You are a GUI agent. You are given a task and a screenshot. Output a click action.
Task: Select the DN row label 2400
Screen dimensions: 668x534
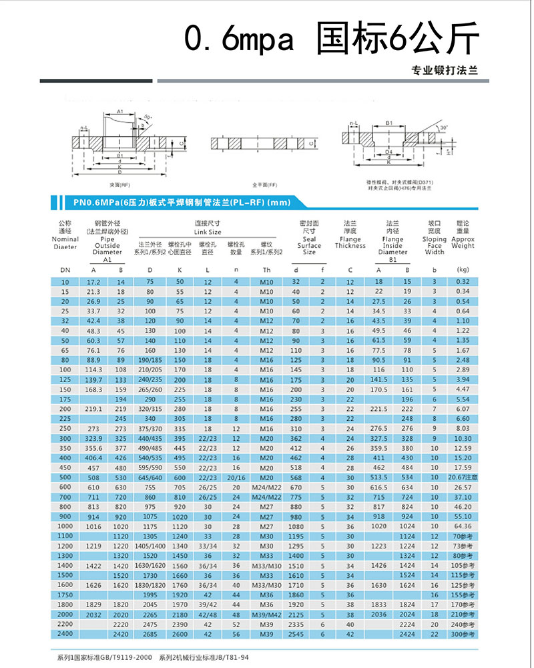(65, 633)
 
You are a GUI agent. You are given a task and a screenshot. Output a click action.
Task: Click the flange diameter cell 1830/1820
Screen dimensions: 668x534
(150, 584)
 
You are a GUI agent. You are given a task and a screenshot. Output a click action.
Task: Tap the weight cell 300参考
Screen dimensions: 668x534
(463, 633)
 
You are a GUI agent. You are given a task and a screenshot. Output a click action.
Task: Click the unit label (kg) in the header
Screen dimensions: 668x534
(463, 270)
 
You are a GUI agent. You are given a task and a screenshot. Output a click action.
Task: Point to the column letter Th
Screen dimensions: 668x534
(266, 270)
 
